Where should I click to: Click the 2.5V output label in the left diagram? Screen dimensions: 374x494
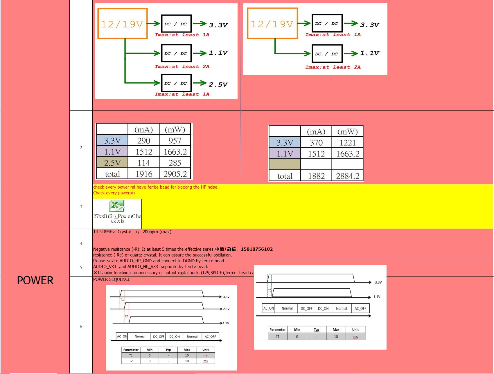(218, 84)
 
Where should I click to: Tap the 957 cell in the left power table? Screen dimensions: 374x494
(175, 141)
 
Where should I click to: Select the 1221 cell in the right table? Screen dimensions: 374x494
(348, 143)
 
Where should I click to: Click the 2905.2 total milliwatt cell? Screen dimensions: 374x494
(175, 174)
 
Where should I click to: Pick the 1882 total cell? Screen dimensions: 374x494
(316, 176)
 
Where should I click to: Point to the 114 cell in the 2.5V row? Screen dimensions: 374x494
(144, 163)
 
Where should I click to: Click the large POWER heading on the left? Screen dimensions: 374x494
(35, 281)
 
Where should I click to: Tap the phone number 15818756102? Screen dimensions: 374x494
(257, 249)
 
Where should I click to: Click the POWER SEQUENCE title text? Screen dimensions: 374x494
(112, 279)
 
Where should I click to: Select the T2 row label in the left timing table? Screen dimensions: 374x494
(131, 361)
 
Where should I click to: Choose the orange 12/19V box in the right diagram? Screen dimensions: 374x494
(272, 24)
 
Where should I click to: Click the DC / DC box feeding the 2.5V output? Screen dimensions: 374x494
(176, 83)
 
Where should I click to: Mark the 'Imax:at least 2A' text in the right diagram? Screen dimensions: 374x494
(333, 67)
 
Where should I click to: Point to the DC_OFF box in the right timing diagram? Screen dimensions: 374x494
(306, 308)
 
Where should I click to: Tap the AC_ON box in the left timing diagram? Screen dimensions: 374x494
(122, 337)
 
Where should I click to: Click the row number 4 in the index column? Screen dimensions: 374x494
(81, 244)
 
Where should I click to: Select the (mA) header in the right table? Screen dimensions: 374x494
(316, 132)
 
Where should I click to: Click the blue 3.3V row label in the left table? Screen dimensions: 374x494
(112, 141)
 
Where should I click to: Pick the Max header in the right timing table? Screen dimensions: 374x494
(336, 330)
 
